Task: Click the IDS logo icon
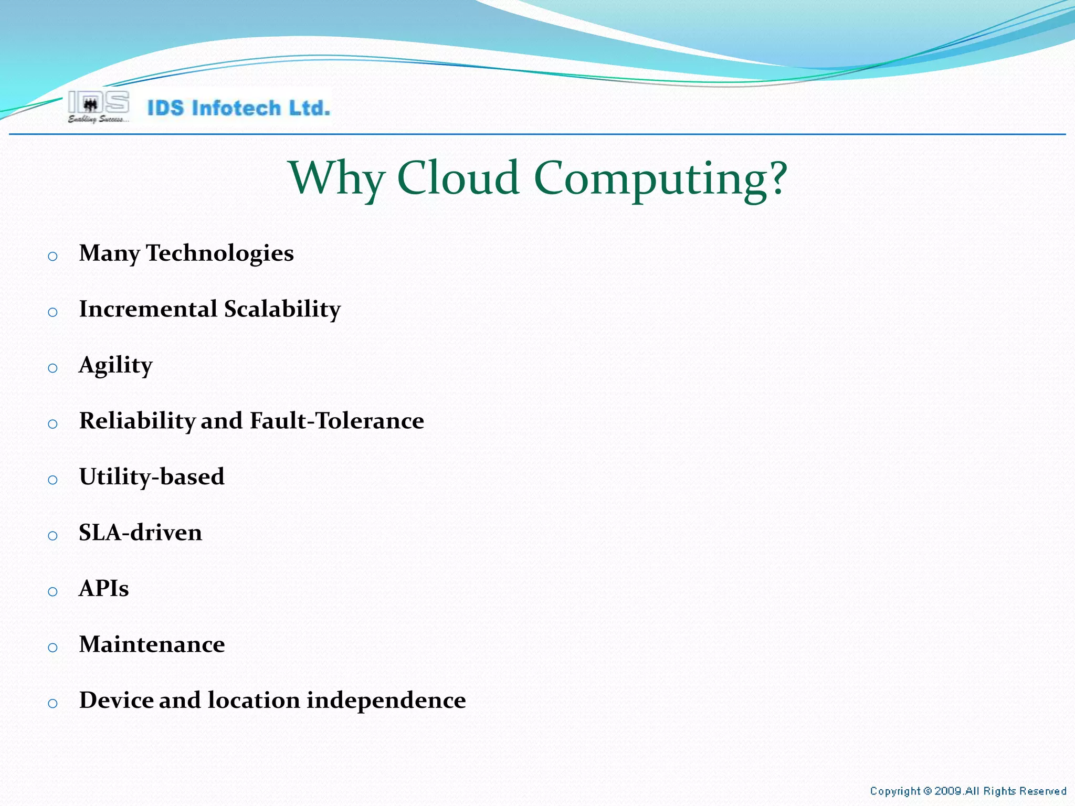[x=98, y=107]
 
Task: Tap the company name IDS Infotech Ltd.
[x=239, y=108]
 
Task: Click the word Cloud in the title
[x=458, y=178]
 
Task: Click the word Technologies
[x=219, y=253]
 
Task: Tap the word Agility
[x=115, y=365]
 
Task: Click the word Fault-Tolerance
[x=337, y=421]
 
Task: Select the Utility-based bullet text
[x=152, y=477]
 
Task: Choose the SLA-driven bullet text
[x=140, y=533]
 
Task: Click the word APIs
[x=103, y=589]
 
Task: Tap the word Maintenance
[x=152, y=644]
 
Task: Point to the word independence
[x=386, y=701]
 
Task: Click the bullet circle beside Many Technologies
[x=52, y=257]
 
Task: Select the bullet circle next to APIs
[x=52, y=592]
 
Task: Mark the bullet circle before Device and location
[x=52, y=704]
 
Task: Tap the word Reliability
[x=137, y=421]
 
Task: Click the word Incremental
[x=148, y=309]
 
